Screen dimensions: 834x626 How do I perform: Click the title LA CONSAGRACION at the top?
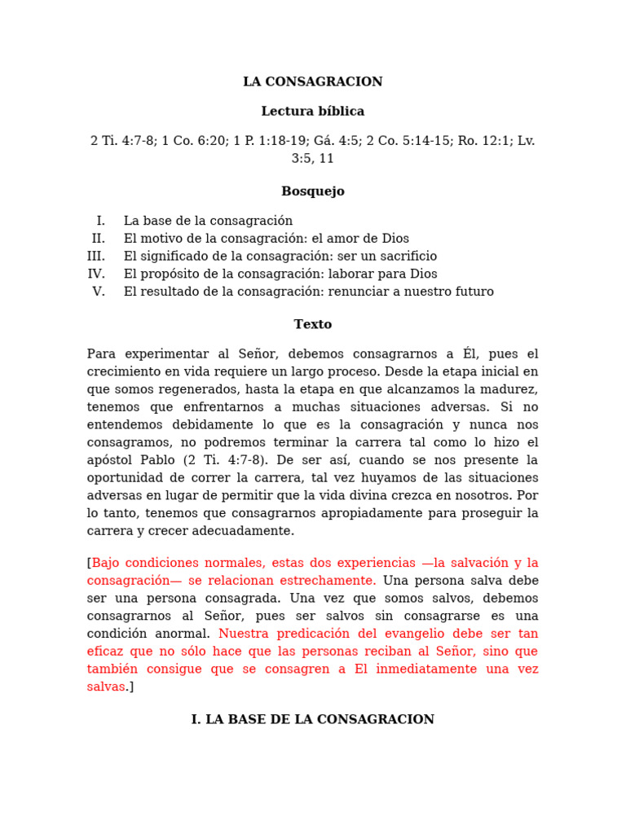coord(312,81)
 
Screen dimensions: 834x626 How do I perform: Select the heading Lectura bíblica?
coord(312,111)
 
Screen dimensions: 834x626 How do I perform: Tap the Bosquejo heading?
coord(312,191)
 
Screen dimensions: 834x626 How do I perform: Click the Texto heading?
coord(312,324)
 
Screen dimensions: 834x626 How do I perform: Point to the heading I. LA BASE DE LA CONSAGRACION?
coord(312,719)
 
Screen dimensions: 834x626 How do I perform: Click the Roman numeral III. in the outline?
coord(96,257)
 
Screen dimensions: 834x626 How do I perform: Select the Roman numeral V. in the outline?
coord(99,292)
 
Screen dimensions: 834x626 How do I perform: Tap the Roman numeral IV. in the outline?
coord(96,274)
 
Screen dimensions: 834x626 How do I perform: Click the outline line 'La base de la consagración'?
coord(208,221)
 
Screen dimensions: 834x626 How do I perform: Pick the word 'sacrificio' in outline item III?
coord(407,257)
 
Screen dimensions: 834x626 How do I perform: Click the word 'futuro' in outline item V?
coord(474,292)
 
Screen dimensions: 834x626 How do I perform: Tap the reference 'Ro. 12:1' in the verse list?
coord(484,141)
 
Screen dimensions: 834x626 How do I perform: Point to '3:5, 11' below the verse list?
coord(312,159)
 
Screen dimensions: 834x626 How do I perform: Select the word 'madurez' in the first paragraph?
coord(511,389)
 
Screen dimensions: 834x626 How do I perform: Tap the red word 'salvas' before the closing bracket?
coord(106,687)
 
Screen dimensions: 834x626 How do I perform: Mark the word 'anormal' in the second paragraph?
coord(187,634)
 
